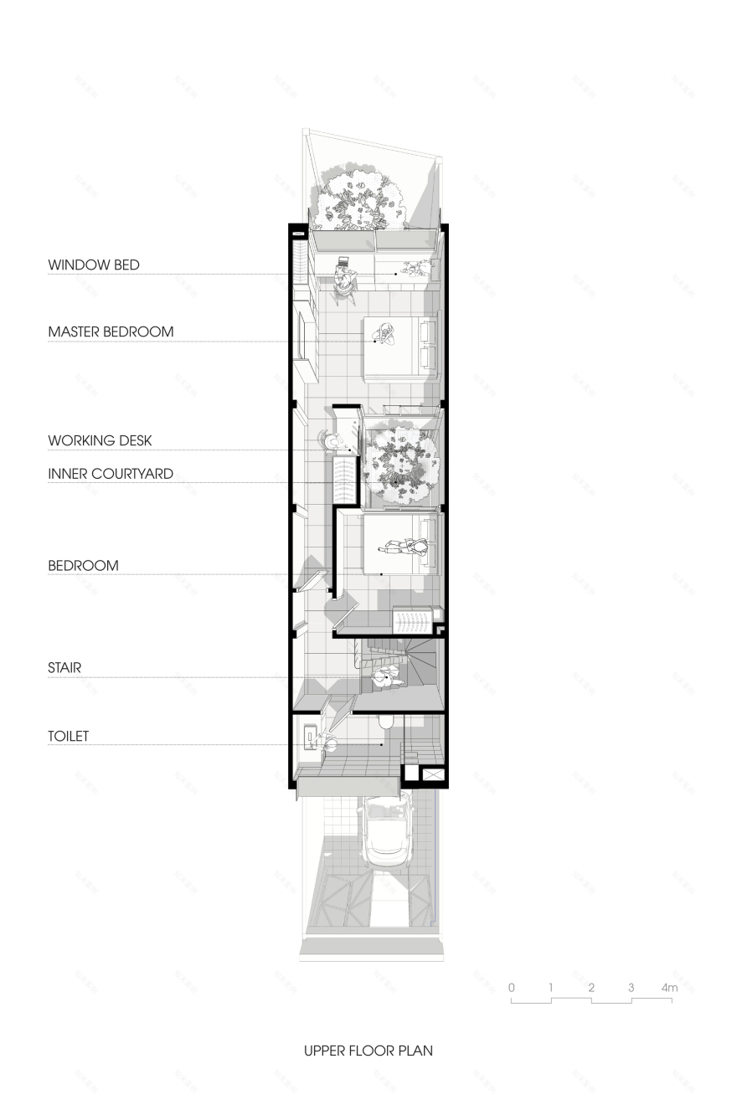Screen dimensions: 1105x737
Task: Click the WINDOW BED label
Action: (93, 265)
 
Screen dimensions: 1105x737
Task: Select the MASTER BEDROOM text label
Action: (111, 332)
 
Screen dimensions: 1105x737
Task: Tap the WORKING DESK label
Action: (100, 441)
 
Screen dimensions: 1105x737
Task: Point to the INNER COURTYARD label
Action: (111, 474)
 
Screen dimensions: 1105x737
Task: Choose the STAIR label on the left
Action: (64, 668)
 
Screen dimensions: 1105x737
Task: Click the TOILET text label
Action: (68, 737)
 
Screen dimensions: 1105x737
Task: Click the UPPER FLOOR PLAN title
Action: (368, 1050)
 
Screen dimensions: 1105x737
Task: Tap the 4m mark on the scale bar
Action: (668, 988)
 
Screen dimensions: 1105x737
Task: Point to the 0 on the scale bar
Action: (511, 988)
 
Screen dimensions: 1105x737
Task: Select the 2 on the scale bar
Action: (591, 988)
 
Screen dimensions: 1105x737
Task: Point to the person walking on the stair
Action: (386, 680)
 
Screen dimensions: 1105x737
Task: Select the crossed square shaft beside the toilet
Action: (433, 774)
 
